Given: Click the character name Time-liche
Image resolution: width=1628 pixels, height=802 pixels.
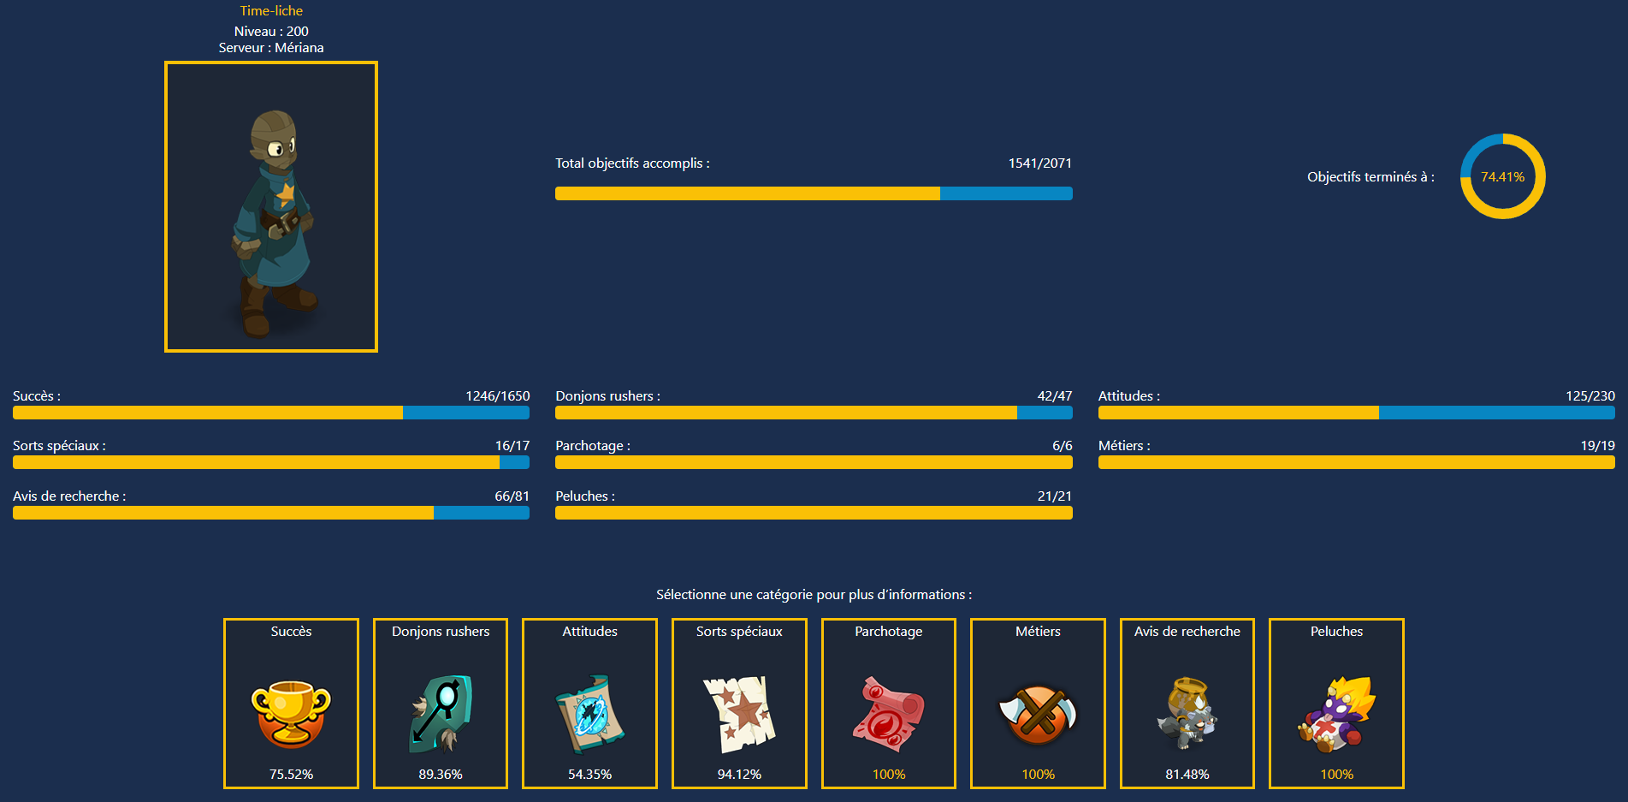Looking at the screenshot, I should coord(271,11).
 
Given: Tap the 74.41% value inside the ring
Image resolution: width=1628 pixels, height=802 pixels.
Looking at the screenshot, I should coord(1502,177).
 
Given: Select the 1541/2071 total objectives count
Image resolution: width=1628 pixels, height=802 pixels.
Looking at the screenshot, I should coord(1039,163).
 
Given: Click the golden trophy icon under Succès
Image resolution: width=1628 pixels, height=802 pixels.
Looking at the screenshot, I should coord(291,713).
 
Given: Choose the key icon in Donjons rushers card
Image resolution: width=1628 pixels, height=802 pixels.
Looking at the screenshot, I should coord(441,713).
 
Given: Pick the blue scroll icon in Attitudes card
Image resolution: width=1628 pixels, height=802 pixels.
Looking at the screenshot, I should coord(589,713).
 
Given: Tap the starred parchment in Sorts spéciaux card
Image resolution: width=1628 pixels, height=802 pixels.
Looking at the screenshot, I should coord(739,713).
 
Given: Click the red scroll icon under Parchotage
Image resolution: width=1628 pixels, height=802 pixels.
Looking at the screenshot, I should coord(888,713).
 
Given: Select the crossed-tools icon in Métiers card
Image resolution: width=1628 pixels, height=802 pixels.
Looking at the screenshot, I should coord(1038,713).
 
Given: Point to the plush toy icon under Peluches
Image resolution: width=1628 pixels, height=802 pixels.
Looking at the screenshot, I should coord(1336,713).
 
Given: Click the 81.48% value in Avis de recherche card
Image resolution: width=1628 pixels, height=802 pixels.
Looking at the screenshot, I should coord(1187,775).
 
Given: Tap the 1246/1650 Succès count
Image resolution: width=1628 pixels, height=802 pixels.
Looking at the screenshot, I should coord(497,396).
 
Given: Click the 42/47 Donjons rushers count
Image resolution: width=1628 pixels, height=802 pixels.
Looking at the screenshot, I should coord(1054,396).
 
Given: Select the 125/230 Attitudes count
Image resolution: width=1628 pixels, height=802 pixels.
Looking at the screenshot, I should coord(1590,396).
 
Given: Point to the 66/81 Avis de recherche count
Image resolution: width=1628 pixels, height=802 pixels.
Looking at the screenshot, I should coord(512,496).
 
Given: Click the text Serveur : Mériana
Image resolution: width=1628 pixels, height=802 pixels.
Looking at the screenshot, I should coord(271,48).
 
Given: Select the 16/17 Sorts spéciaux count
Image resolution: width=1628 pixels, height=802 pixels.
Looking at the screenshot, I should coord(512,446).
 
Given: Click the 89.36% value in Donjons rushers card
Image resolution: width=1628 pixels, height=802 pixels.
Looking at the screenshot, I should coord(441,775).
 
